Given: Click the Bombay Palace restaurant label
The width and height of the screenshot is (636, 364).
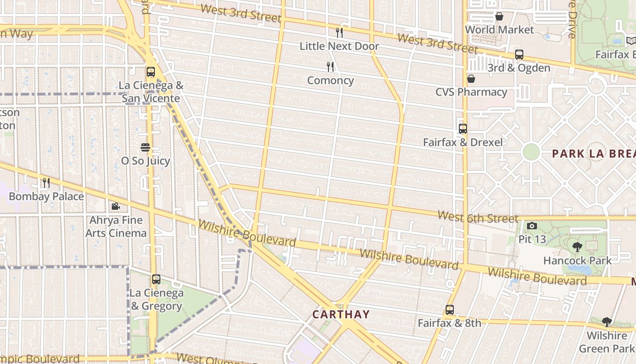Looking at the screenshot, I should [x=46, y=197].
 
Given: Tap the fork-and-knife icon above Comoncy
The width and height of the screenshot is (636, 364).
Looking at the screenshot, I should [x=330, y=67].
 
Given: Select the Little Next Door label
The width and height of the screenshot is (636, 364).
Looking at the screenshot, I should [x=339, y=46].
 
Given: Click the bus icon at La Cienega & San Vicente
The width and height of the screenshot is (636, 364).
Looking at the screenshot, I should [x=151, y=72].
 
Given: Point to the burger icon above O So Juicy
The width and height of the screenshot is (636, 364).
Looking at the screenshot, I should [x=145, y=147].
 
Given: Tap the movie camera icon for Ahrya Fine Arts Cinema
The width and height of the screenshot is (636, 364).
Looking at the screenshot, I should [x=115, y=207].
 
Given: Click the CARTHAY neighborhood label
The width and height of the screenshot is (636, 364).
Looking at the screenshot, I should [x=341, y=314].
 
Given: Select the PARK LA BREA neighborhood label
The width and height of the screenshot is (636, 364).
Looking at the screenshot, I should [x=593, y=154].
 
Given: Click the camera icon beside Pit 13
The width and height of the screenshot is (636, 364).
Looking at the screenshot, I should [x=532, y=226].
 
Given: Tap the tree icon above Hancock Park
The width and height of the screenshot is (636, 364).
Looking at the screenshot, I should [x=577, y=247].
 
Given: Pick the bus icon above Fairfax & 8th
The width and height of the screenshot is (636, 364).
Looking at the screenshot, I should [x=449, y=310].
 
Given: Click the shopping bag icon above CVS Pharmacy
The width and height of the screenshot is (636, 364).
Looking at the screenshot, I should [x=471, y=79].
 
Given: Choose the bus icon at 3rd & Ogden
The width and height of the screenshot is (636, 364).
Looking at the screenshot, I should [x=519, y=55].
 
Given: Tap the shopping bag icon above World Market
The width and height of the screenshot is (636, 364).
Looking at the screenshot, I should [x=499, y=17].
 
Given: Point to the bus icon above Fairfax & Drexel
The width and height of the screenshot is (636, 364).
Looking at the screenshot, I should [x=462, y=129].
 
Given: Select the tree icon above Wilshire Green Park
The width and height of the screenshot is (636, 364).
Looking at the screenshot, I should [x=606, y=322].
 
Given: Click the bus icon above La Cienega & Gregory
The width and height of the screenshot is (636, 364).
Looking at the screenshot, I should [x=156, y=279].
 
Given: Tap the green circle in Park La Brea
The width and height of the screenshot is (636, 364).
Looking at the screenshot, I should [x=531, y=152].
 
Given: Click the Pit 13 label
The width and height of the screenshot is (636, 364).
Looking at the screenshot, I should [x=532, y=239].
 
